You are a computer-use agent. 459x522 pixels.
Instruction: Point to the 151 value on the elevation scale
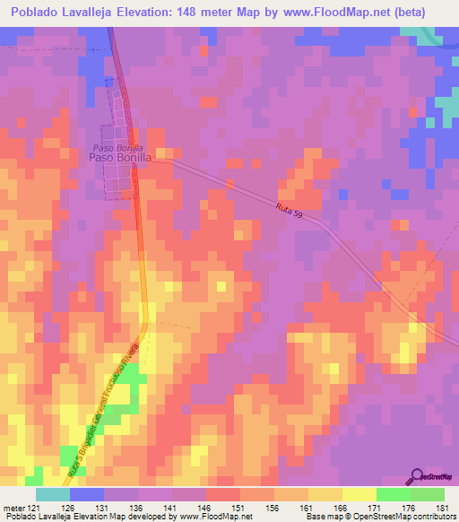(237, 507)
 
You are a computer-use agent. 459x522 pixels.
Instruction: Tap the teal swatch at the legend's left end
(53, 494)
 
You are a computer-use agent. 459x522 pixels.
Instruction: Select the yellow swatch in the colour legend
(359, 494)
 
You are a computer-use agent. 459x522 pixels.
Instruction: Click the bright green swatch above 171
(394, 494)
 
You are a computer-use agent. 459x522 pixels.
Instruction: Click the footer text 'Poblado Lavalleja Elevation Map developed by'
(76, 517)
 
